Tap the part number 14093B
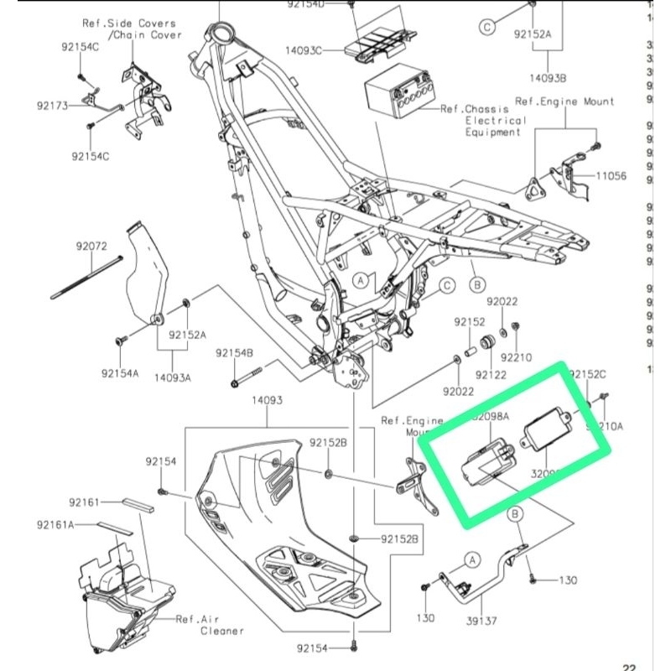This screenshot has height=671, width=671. click(549, 78)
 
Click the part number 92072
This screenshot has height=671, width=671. click(91, 247)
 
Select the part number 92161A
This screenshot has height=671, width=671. click(56, 524)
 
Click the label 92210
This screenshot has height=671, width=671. click(516, 357)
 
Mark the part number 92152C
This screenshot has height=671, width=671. click(588, 373)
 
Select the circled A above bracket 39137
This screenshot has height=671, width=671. click(471, 558)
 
